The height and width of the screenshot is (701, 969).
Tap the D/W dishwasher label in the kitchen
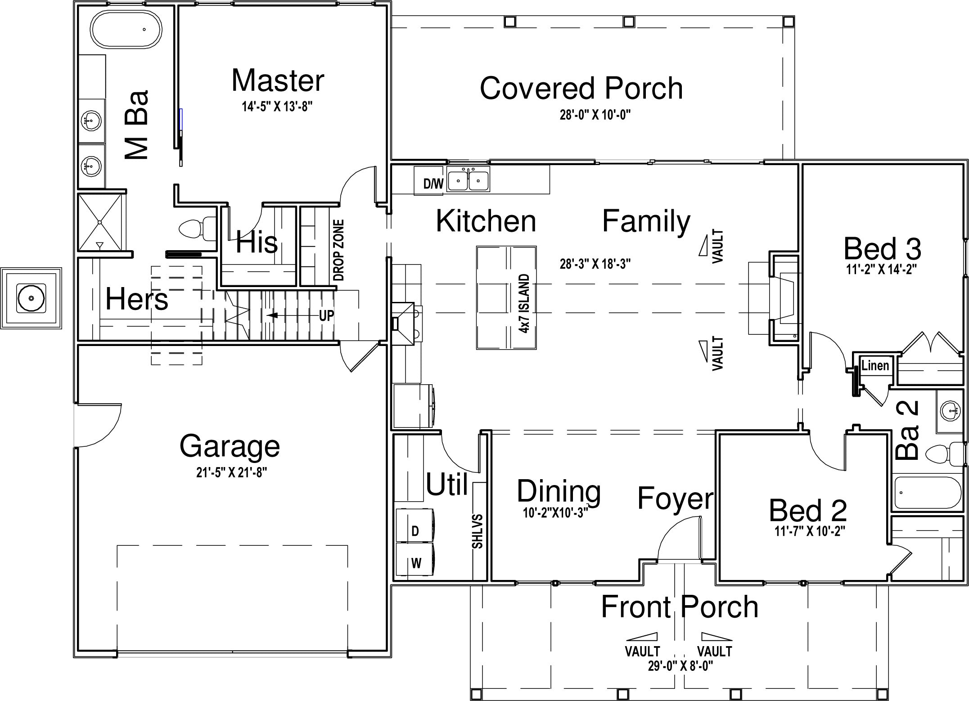[433, 184]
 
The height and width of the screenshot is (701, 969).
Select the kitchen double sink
[468, 180]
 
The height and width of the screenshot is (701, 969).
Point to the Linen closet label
[875, 365]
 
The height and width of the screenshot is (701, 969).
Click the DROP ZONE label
[339, 250]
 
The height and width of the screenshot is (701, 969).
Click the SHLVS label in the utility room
[478, 531]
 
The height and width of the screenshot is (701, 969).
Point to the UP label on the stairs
[326, 316]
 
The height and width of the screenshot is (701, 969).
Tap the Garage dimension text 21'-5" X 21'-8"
[232, 472]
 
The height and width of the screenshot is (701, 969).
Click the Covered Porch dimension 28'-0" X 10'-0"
[595, 115]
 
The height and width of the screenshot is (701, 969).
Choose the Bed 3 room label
[882, 249]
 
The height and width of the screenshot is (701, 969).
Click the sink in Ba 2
[950, 411]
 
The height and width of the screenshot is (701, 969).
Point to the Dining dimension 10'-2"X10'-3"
[555, 512]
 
